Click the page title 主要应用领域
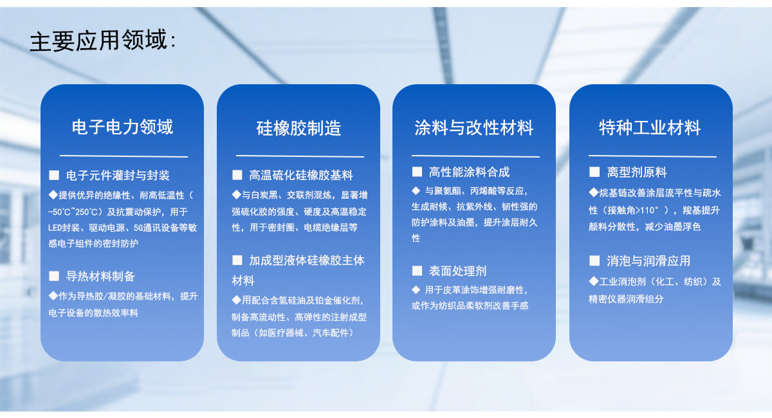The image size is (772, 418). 98,41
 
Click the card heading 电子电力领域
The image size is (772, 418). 122,127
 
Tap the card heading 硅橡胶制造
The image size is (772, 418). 299,128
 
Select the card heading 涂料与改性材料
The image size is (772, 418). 474,127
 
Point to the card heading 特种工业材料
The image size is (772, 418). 650,127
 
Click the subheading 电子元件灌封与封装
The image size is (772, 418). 118,176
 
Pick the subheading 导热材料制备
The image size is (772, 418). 100,276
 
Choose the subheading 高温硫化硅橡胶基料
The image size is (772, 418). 301,175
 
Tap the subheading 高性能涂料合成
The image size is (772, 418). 469,172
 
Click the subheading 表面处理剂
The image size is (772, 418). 457,271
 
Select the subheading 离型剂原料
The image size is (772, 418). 636,172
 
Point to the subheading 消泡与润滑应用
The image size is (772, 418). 648,261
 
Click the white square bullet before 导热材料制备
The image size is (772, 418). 54,276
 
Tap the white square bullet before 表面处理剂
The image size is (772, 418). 417,271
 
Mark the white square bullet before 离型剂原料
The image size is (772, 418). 594,172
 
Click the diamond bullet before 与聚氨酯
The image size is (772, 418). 416,190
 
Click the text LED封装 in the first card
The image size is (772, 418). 64,228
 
